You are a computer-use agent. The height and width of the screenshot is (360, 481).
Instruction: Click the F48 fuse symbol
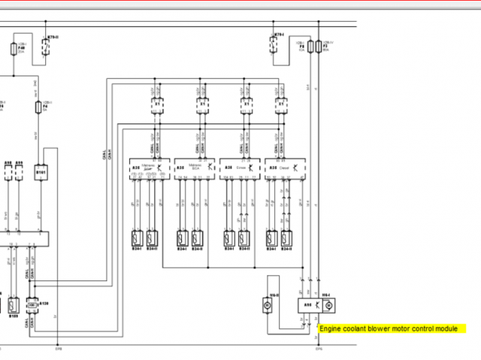click(x=14, y=50)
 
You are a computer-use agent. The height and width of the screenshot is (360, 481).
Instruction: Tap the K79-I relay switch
click(x=280, y=47)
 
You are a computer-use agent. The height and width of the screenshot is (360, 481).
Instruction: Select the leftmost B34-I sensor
click(x=138, y=239)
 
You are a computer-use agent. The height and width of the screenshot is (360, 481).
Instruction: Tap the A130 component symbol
click(x=32, y=304)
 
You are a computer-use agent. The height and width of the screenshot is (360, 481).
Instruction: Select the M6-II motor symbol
click(x=266, y=305)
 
